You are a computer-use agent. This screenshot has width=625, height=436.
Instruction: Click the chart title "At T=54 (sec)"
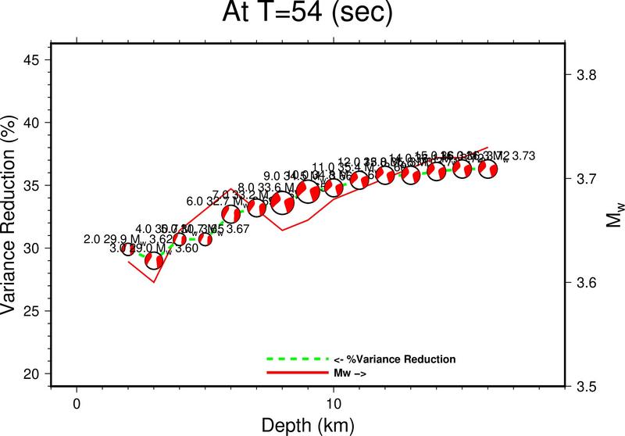[x=312, y=15]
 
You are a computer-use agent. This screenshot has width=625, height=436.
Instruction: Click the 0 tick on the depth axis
[x=77, y=405]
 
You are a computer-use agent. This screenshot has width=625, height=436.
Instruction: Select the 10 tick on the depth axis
[x=334, y=405]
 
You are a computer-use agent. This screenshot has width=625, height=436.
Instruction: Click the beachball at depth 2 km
[x=128, y=249]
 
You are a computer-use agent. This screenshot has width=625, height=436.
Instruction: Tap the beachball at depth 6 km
[x=231, y=213]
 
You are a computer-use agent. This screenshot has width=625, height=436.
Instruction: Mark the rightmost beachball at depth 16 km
[x=487, y=168]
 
